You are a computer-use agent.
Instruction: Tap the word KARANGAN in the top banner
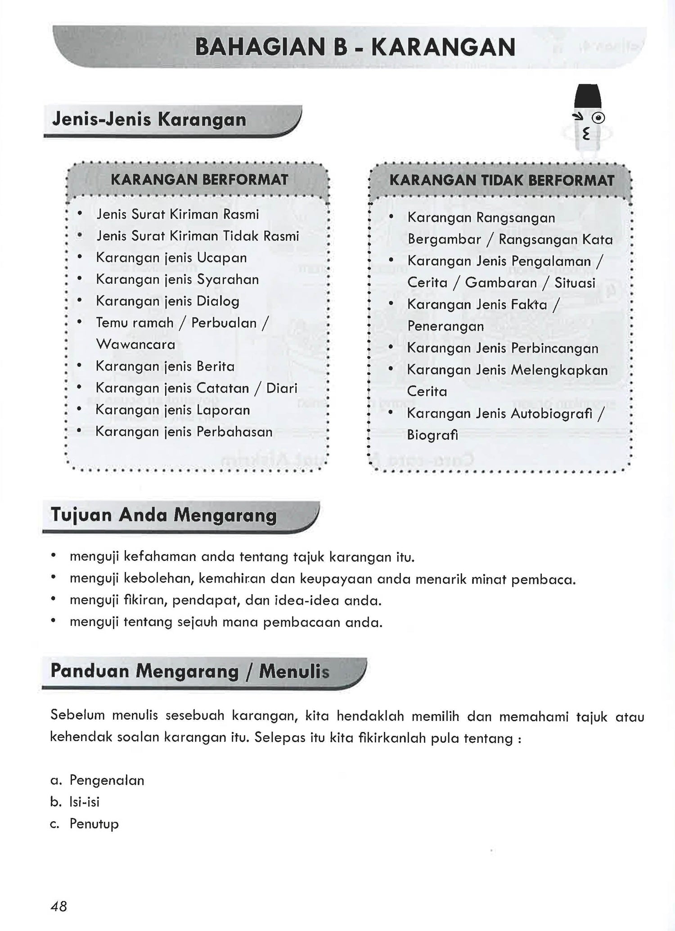(444, 48)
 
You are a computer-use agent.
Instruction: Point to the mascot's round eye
(598, 118)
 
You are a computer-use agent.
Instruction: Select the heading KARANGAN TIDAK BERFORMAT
(501, 181)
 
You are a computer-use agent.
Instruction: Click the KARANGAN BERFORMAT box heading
(199, 180)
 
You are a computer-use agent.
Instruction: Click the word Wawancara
(135, 344)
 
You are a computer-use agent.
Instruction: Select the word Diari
(282, 388)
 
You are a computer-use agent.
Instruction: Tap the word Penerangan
(445, 326)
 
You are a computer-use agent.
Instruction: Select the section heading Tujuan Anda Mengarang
(163, 515)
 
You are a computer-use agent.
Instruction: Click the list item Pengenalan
(107, 780)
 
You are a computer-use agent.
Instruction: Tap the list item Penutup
(94, 823)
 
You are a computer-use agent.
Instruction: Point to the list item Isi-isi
(84, 802)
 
